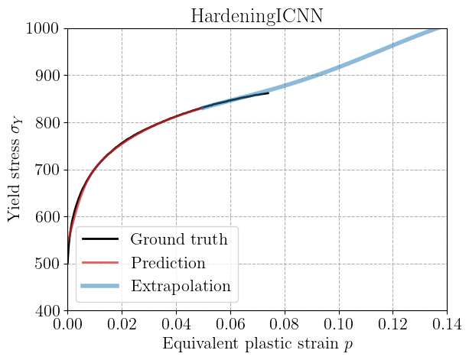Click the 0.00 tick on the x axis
coord(67,324)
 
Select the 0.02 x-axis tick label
coord(122,324)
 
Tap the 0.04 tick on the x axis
coord(176,324)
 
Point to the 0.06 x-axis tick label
coord(230,324)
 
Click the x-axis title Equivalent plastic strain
coord(256,344)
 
